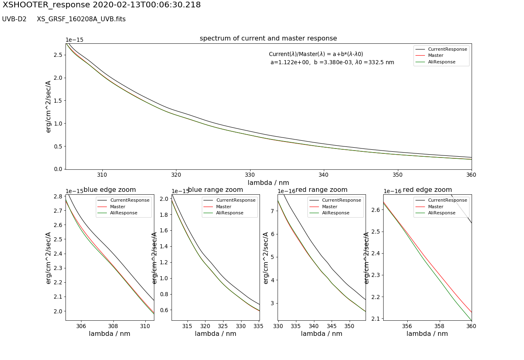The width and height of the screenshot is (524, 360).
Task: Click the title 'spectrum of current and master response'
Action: (x=268, y=38)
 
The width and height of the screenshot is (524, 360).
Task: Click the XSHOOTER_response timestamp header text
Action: (x=102, y=5)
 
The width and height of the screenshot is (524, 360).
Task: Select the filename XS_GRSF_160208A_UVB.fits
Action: (x=81, y=19)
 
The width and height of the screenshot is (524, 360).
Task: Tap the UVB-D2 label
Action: (x=14, y=19)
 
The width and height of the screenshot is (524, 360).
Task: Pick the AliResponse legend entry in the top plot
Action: (x=441, y=62)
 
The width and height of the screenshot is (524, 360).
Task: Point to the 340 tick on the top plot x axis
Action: (x=324, y=175)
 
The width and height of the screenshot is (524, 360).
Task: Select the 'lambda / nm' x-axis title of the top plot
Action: (x=268, y=182)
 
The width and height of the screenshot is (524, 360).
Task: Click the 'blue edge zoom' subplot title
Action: (x=110, y=190)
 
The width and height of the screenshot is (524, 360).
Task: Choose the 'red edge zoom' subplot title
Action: (x=427, y=190)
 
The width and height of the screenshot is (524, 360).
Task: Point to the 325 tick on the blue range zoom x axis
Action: (x=223, y=326)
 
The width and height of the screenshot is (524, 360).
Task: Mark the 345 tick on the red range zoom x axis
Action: (x=332, y=326)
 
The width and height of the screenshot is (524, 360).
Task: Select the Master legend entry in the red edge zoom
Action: (x=435, y=207)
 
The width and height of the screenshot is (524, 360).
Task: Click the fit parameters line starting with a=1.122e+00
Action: (x=332, y=63)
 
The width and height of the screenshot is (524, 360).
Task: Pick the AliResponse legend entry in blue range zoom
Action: (x=229, y=213)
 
